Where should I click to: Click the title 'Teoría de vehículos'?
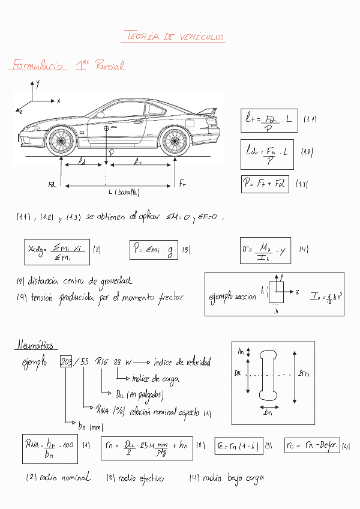(x=173, y=37)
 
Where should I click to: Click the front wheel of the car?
(x=59, y=141)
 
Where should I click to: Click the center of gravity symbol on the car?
(x=106, y=128)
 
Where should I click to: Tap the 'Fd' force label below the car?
(x=52, y=185)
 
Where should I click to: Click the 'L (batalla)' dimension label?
(x=124, y=192)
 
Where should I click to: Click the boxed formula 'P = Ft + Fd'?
(x=264, y=184)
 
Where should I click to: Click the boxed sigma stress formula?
(x=265, y=250)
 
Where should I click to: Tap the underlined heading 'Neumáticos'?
(x=34, y=346)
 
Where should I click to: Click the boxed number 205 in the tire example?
(x=66, y=362)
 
